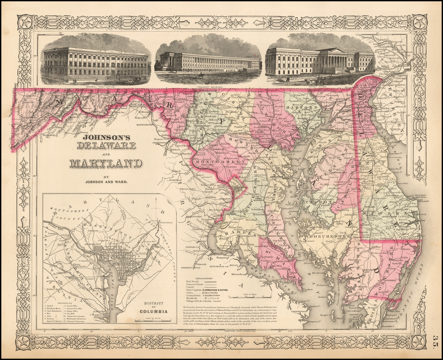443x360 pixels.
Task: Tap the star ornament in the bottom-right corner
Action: click(418, 341)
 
